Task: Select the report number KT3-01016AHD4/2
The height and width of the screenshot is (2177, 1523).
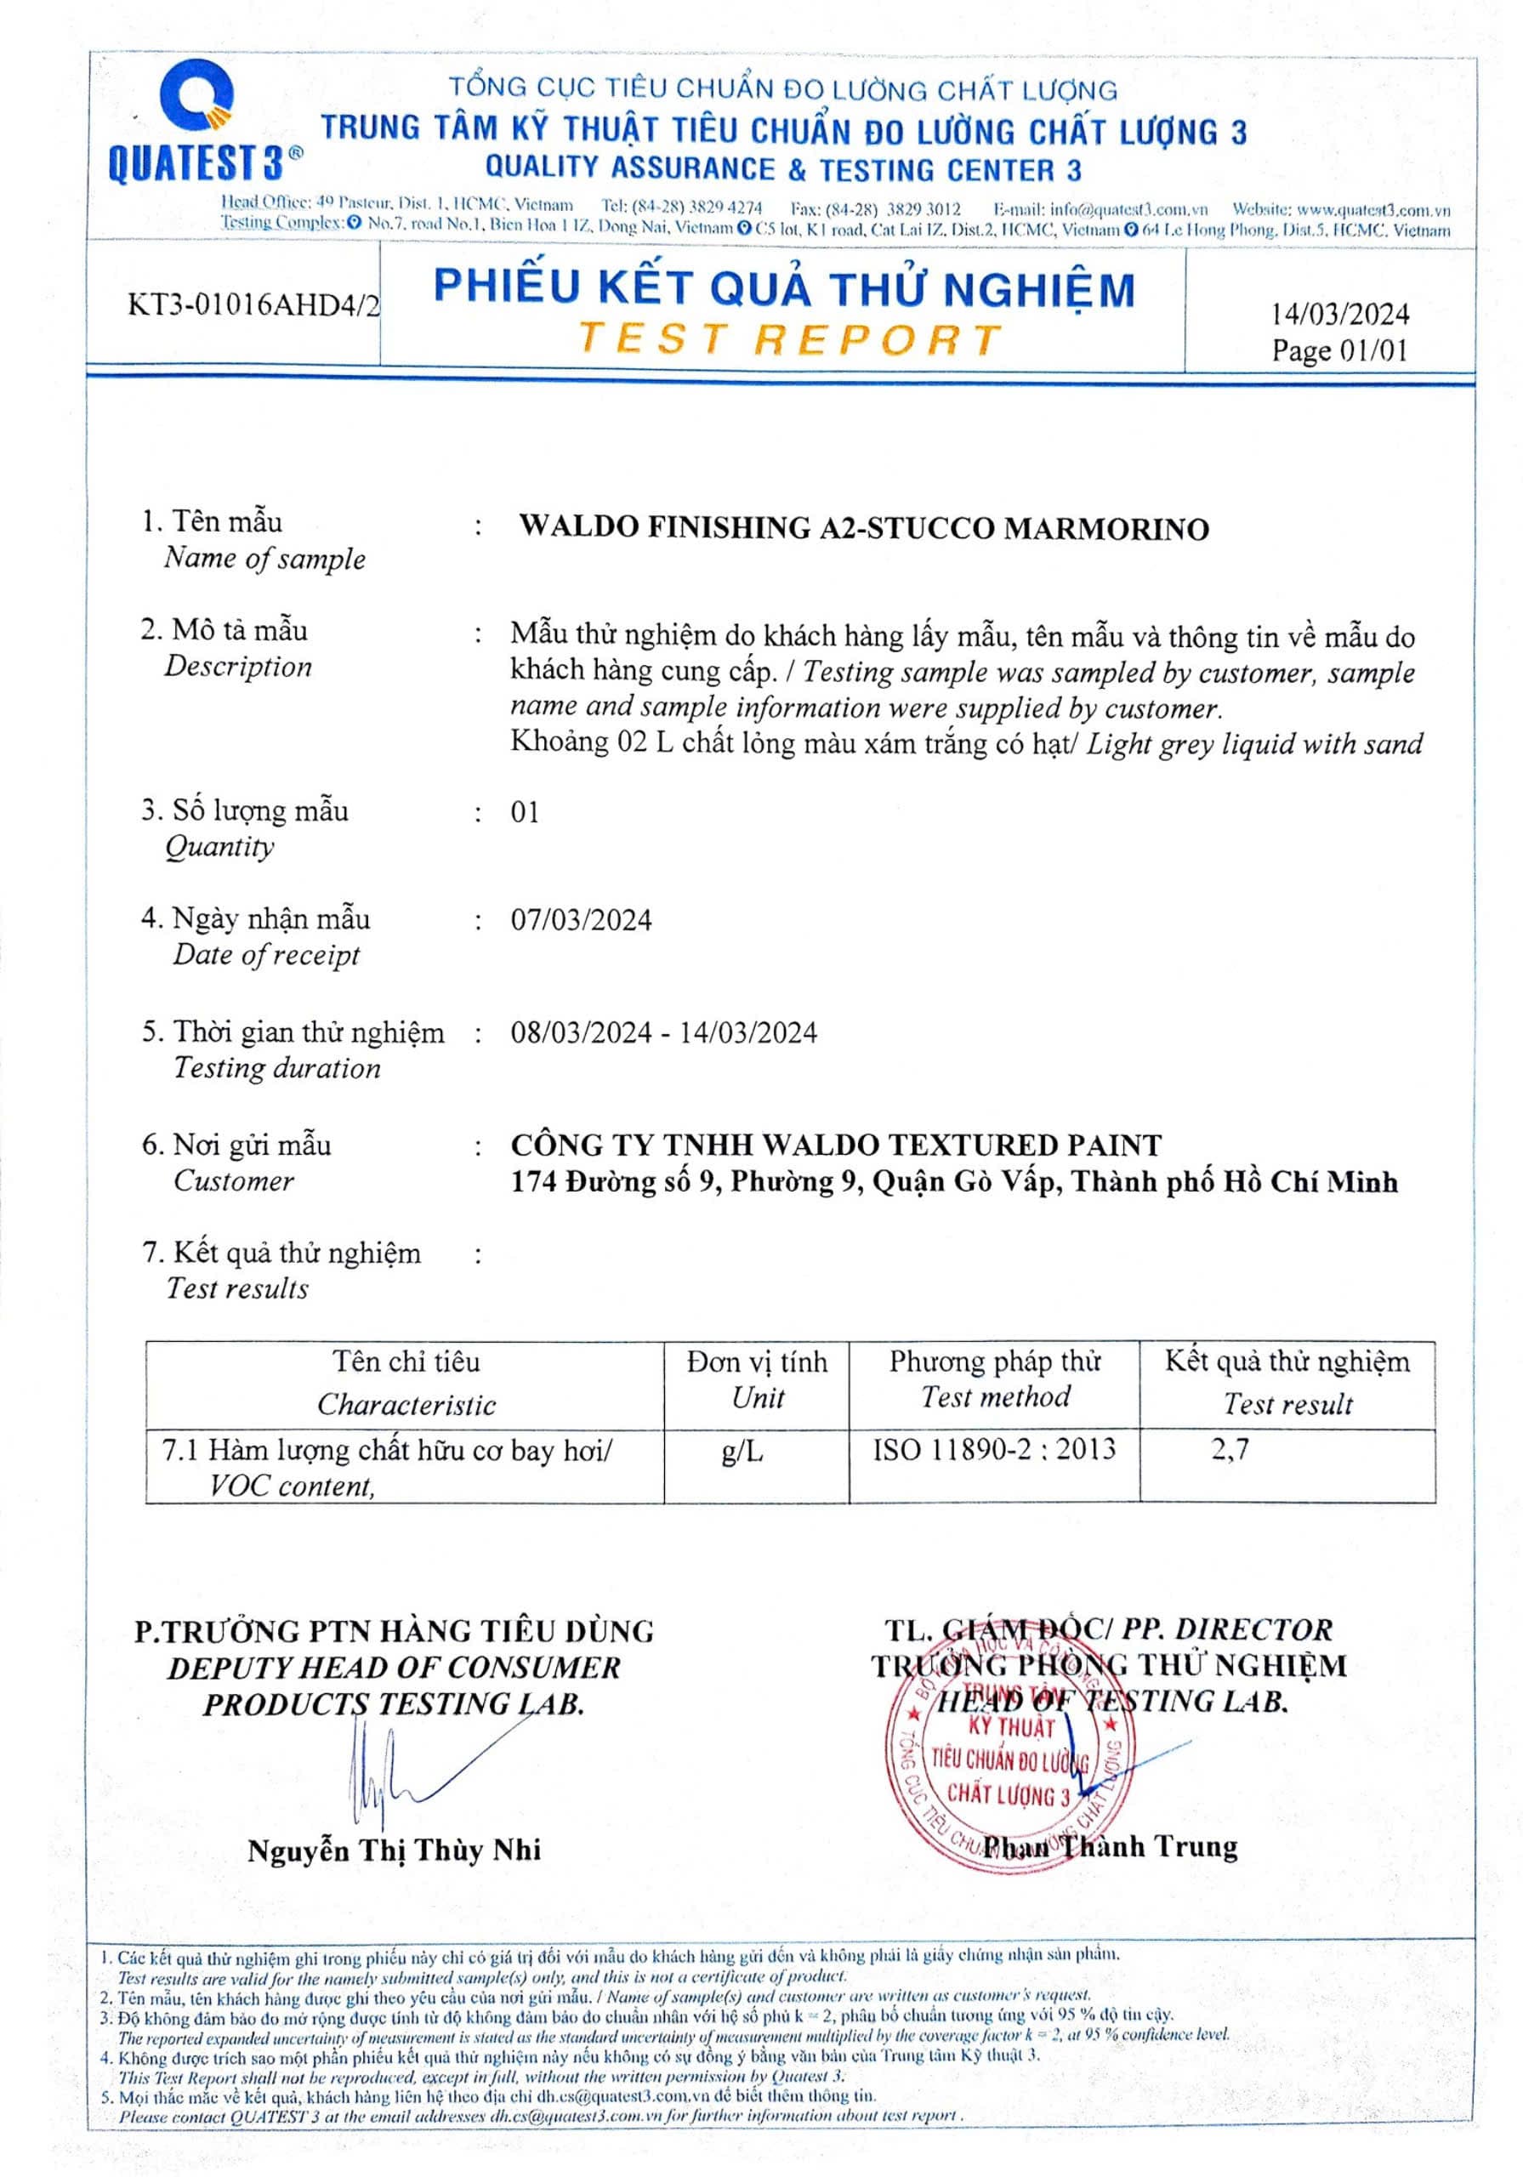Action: (253, 304)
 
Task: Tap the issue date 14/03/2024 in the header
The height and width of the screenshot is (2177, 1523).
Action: (1339, 314)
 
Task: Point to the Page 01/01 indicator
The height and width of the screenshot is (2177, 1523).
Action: (1339, 351)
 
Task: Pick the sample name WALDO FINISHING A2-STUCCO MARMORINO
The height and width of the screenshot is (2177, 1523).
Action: (863, 527)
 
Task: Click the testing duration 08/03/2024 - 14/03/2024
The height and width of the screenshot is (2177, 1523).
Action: (663, 1032)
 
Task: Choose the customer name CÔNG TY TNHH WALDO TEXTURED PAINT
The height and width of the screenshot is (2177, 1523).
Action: (835, 1145)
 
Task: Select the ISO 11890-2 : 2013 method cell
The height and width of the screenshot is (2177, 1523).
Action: (994, 1450)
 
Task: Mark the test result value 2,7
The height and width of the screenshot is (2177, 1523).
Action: (1230, 1450)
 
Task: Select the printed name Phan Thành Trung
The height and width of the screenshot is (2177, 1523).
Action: (1110, 1846)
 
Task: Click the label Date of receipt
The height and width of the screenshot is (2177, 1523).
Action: (266, 955)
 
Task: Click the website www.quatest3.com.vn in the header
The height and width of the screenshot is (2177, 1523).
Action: (1373, 209)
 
